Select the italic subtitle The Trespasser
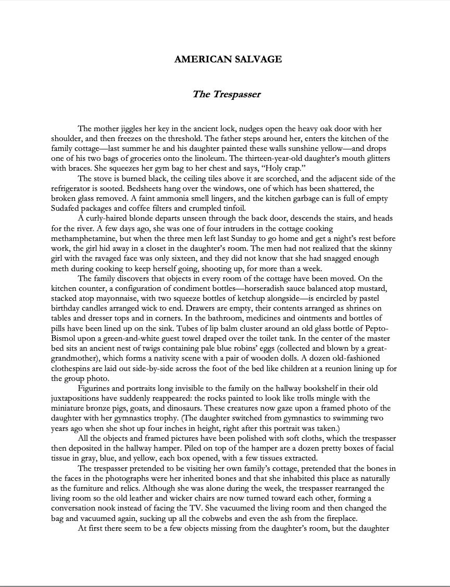[x=227, y=94]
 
